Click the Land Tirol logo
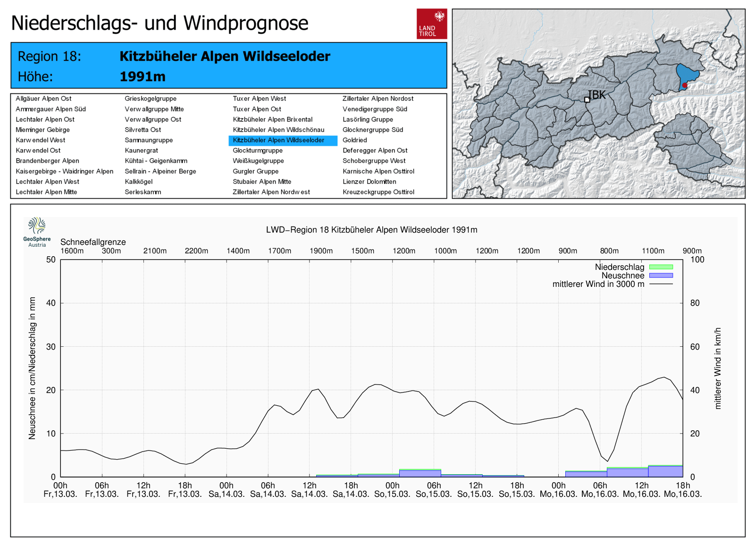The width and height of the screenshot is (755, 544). [432, 24]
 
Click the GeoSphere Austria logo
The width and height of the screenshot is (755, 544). [37, 232]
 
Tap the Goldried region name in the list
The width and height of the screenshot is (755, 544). [354, 140]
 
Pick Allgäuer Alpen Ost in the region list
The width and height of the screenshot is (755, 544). [43, 99]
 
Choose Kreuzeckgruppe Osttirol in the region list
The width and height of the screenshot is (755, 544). [378, 192]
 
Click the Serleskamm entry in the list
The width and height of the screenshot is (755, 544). [143, 192]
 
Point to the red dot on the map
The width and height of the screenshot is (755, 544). [685, 85]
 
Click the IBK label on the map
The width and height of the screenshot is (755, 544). [597, 95]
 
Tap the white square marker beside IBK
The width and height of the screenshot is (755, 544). [587, 100]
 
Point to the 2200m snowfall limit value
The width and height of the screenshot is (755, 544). [196, 251]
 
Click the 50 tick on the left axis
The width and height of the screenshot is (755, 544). [51, 260]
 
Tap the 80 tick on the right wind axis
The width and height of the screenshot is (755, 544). [695, 303]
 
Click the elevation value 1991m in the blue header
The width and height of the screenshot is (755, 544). [143, 77]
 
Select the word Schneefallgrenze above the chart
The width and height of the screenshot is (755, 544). [93, 242]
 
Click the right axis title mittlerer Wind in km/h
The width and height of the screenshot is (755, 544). [718, 368]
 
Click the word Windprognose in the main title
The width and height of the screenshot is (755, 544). [246, 23]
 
